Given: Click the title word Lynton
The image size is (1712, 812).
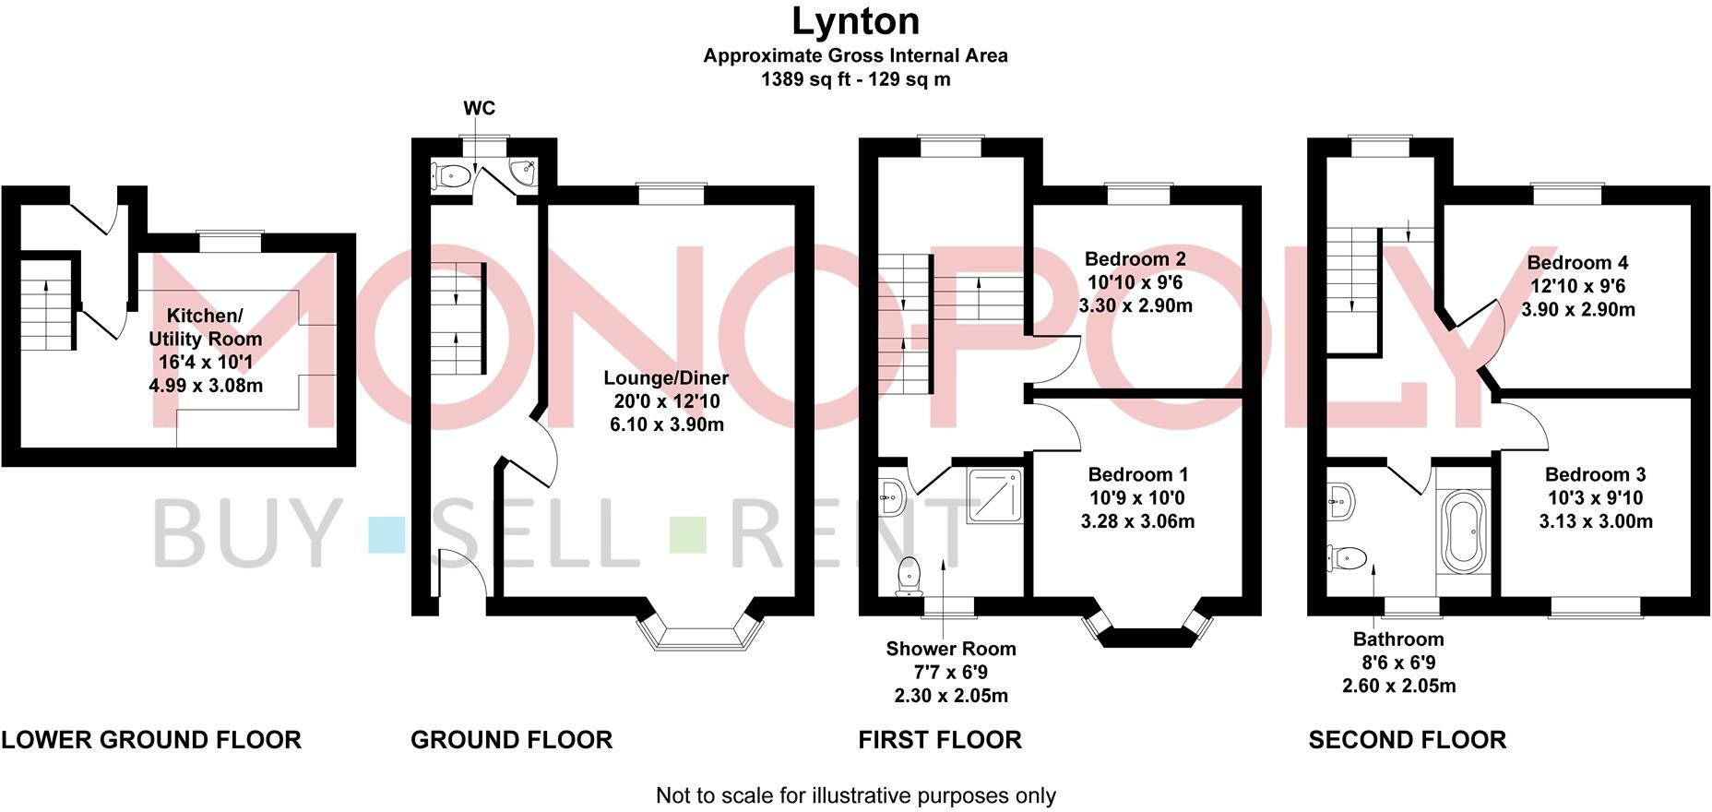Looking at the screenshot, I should tap(855, 20).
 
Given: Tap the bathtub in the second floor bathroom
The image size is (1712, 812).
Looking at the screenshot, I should tap(1465, 531).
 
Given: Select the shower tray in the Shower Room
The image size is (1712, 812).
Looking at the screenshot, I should tap(994, 496).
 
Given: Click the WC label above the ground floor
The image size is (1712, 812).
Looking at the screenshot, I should tap(479, 108).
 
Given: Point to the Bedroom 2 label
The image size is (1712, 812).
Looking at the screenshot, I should tap(1135, 259).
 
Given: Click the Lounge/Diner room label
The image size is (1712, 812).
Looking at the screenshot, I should tap(666, 378).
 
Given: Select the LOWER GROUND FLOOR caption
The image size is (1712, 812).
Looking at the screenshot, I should tap(151, 740).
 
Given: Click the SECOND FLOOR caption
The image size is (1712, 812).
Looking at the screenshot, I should tap(1407, 740).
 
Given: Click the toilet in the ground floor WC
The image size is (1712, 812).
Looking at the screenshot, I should tap(451, 175).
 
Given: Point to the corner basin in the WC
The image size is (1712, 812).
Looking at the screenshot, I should tap(523, 172).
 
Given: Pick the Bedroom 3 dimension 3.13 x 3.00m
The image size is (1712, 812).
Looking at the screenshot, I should tap(1595, 521).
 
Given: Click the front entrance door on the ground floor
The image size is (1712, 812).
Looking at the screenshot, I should tap(461, 577).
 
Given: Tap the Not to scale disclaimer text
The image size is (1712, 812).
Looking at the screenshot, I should tap(855, 795).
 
